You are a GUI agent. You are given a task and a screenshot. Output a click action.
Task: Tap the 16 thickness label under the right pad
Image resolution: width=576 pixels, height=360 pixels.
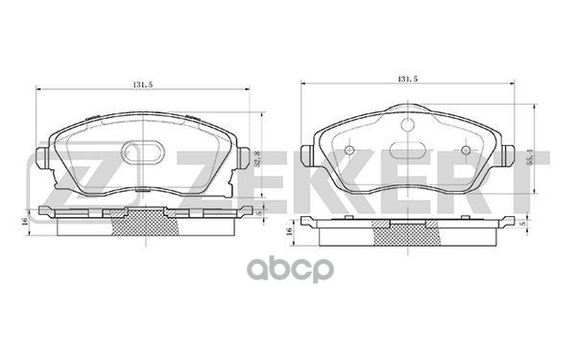click(289, 231)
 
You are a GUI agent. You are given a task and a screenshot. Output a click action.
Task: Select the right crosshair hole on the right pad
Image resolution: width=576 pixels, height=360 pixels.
click(466, 150)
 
